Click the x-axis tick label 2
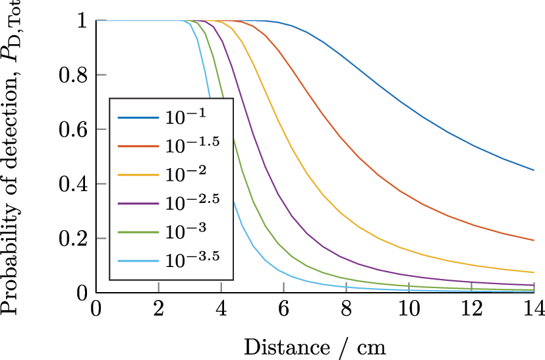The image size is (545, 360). coord(158,309)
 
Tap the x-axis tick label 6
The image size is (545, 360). coord(283,309)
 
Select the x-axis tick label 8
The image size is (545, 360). coord(346,309)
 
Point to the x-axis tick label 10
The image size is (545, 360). coord(409,309)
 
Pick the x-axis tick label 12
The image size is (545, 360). coord(471,309)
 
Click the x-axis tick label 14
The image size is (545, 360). coord(533,309)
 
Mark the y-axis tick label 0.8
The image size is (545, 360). coord(73,75)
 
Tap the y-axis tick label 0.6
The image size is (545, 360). coord(73,129)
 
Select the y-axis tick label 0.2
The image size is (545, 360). coord(73,238)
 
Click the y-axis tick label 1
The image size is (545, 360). coord(82,20)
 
